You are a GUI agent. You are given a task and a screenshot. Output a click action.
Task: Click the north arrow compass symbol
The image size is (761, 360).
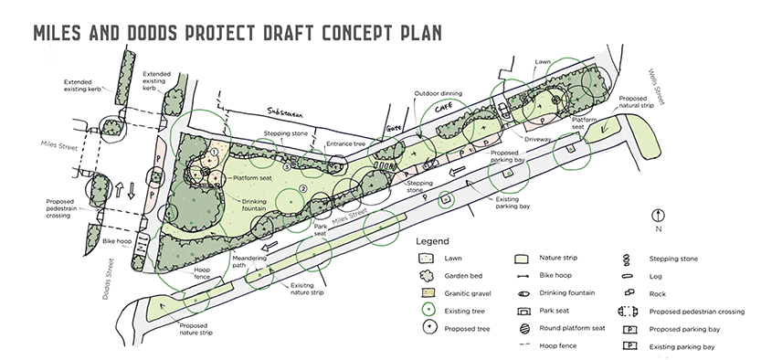[658, 215]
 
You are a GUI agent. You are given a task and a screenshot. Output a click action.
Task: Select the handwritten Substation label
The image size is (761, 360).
[285, 112]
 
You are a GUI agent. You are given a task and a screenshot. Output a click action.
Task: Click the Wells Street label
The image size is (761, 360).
[656, 87]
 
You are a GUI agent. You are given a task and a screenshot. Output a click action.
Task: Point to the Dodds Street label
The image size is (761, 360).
[109, 279]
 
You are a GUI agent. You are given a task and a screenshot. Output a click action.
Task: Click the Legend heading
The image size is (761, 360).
[432, 241]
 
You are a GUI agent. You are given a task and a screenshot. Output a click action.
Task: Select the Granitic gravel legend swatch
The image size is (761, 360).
[428, 293]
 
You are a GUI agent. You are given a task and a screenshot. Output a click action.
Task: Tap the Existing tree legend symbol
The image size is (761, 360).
[428, 311]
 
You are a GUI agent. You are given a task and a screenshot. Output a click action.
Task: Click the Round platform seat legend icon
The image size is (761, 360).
[523, 328]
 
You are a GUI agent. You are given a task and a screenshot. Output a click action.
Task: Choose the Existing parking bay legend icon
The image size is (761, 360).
[629, 346]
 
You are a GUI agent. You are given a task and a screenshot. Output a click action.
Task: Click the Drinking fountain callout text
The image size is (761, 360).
[254, 205]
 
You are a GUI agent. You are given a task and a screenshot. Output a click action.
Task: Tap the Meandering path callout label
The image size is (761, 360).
[249, 261]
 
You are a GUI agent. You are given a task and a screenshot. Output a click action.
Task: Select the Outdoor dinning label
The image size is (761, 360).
[438, 93]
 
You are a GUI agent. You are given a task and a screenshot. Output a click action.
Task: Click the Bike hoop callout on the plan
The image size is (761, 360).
[117, 241]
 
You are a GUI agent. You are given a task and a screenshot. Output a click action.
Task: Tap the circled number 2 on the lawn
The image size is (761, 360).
[304, 188]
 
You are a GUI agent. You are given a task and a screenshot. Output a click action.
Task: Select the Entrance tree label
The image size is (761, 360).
[345, 143]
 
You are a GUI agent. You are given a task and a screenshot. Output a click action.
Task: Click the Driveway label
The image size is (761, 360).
[538, 139]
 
